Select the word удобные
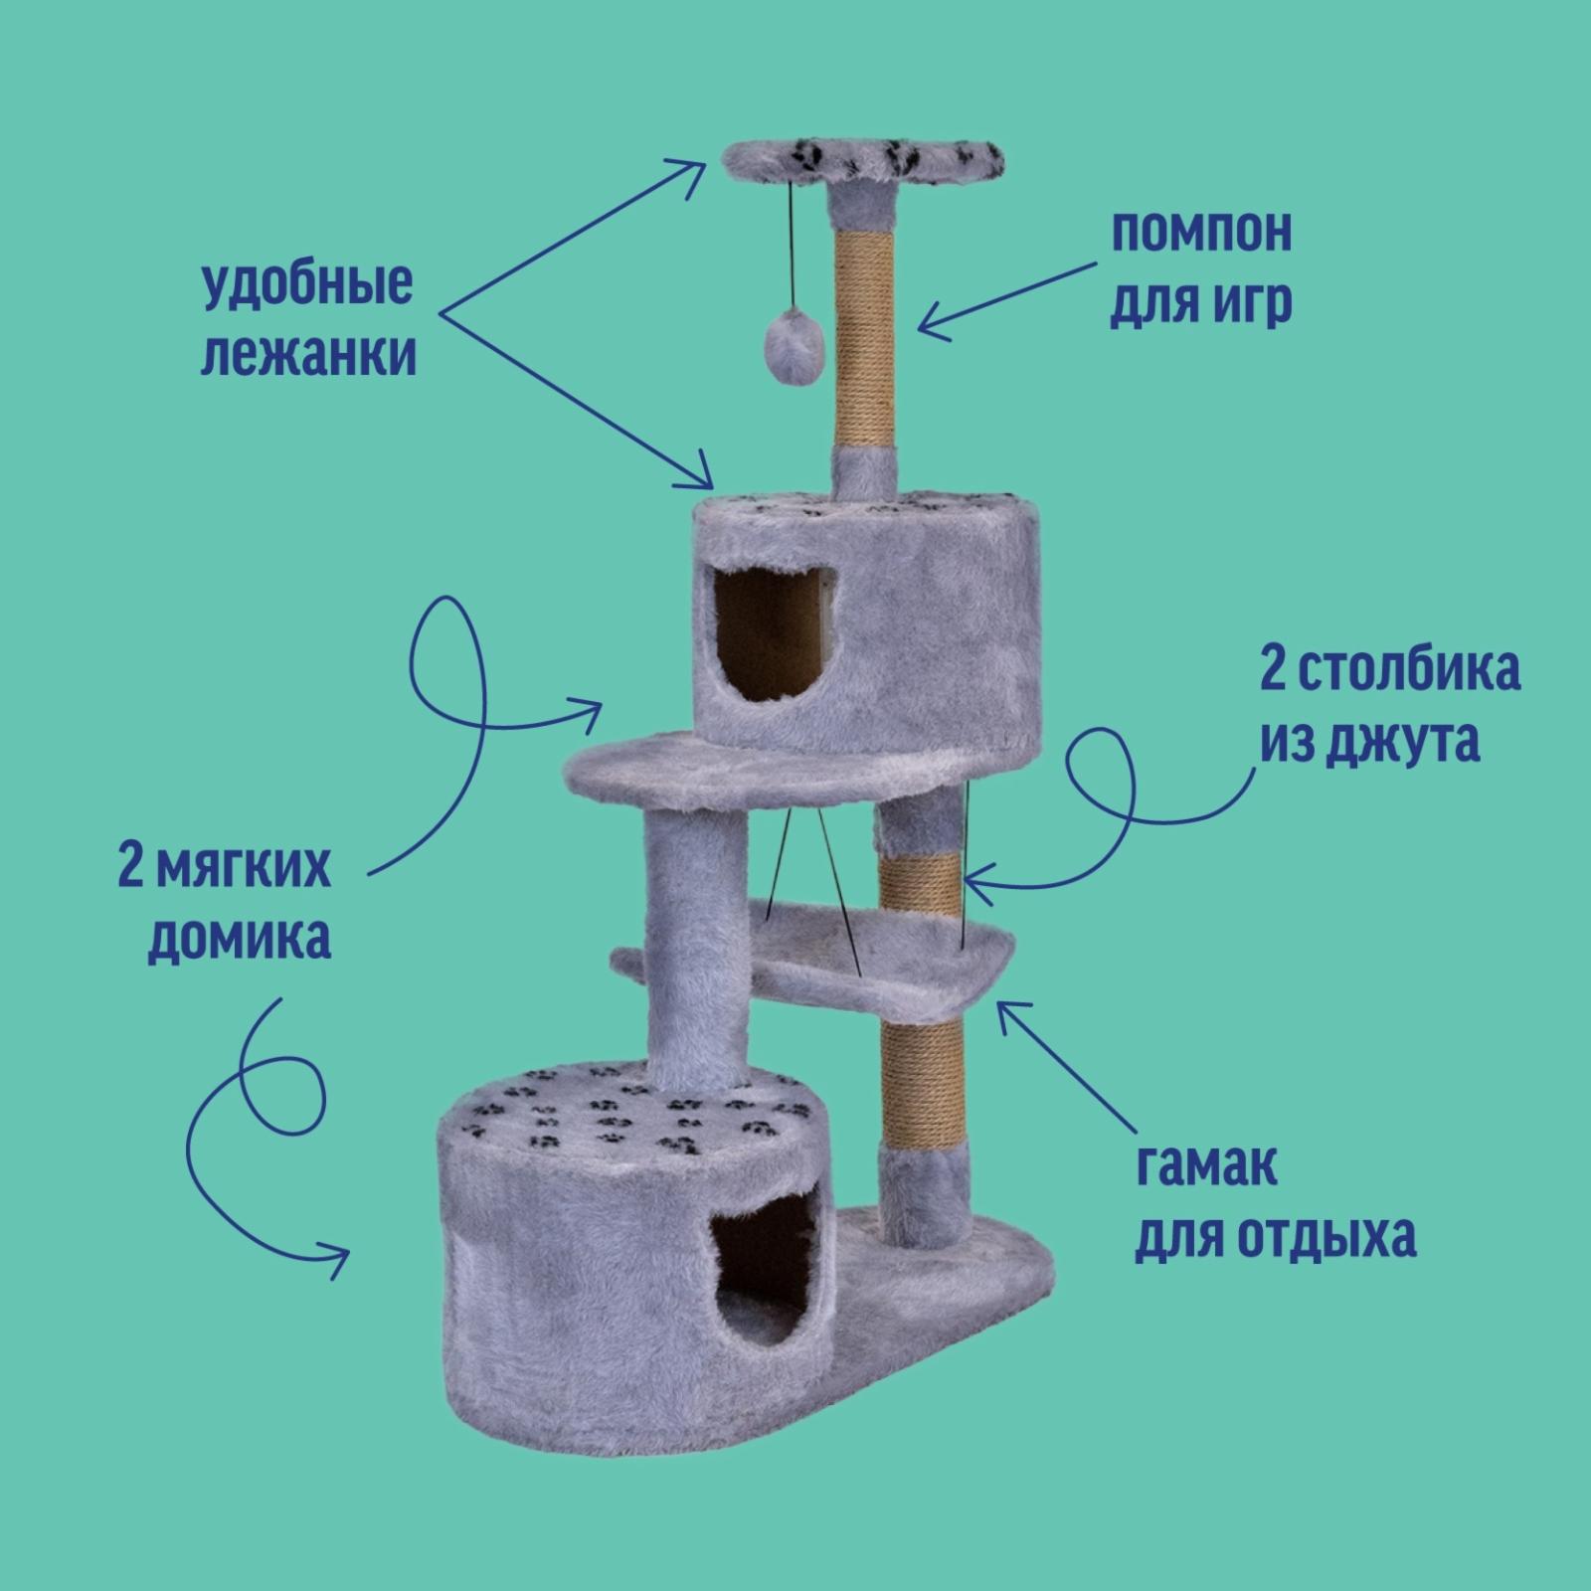(306, 285)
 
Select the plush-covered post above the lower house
(694, 945)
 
